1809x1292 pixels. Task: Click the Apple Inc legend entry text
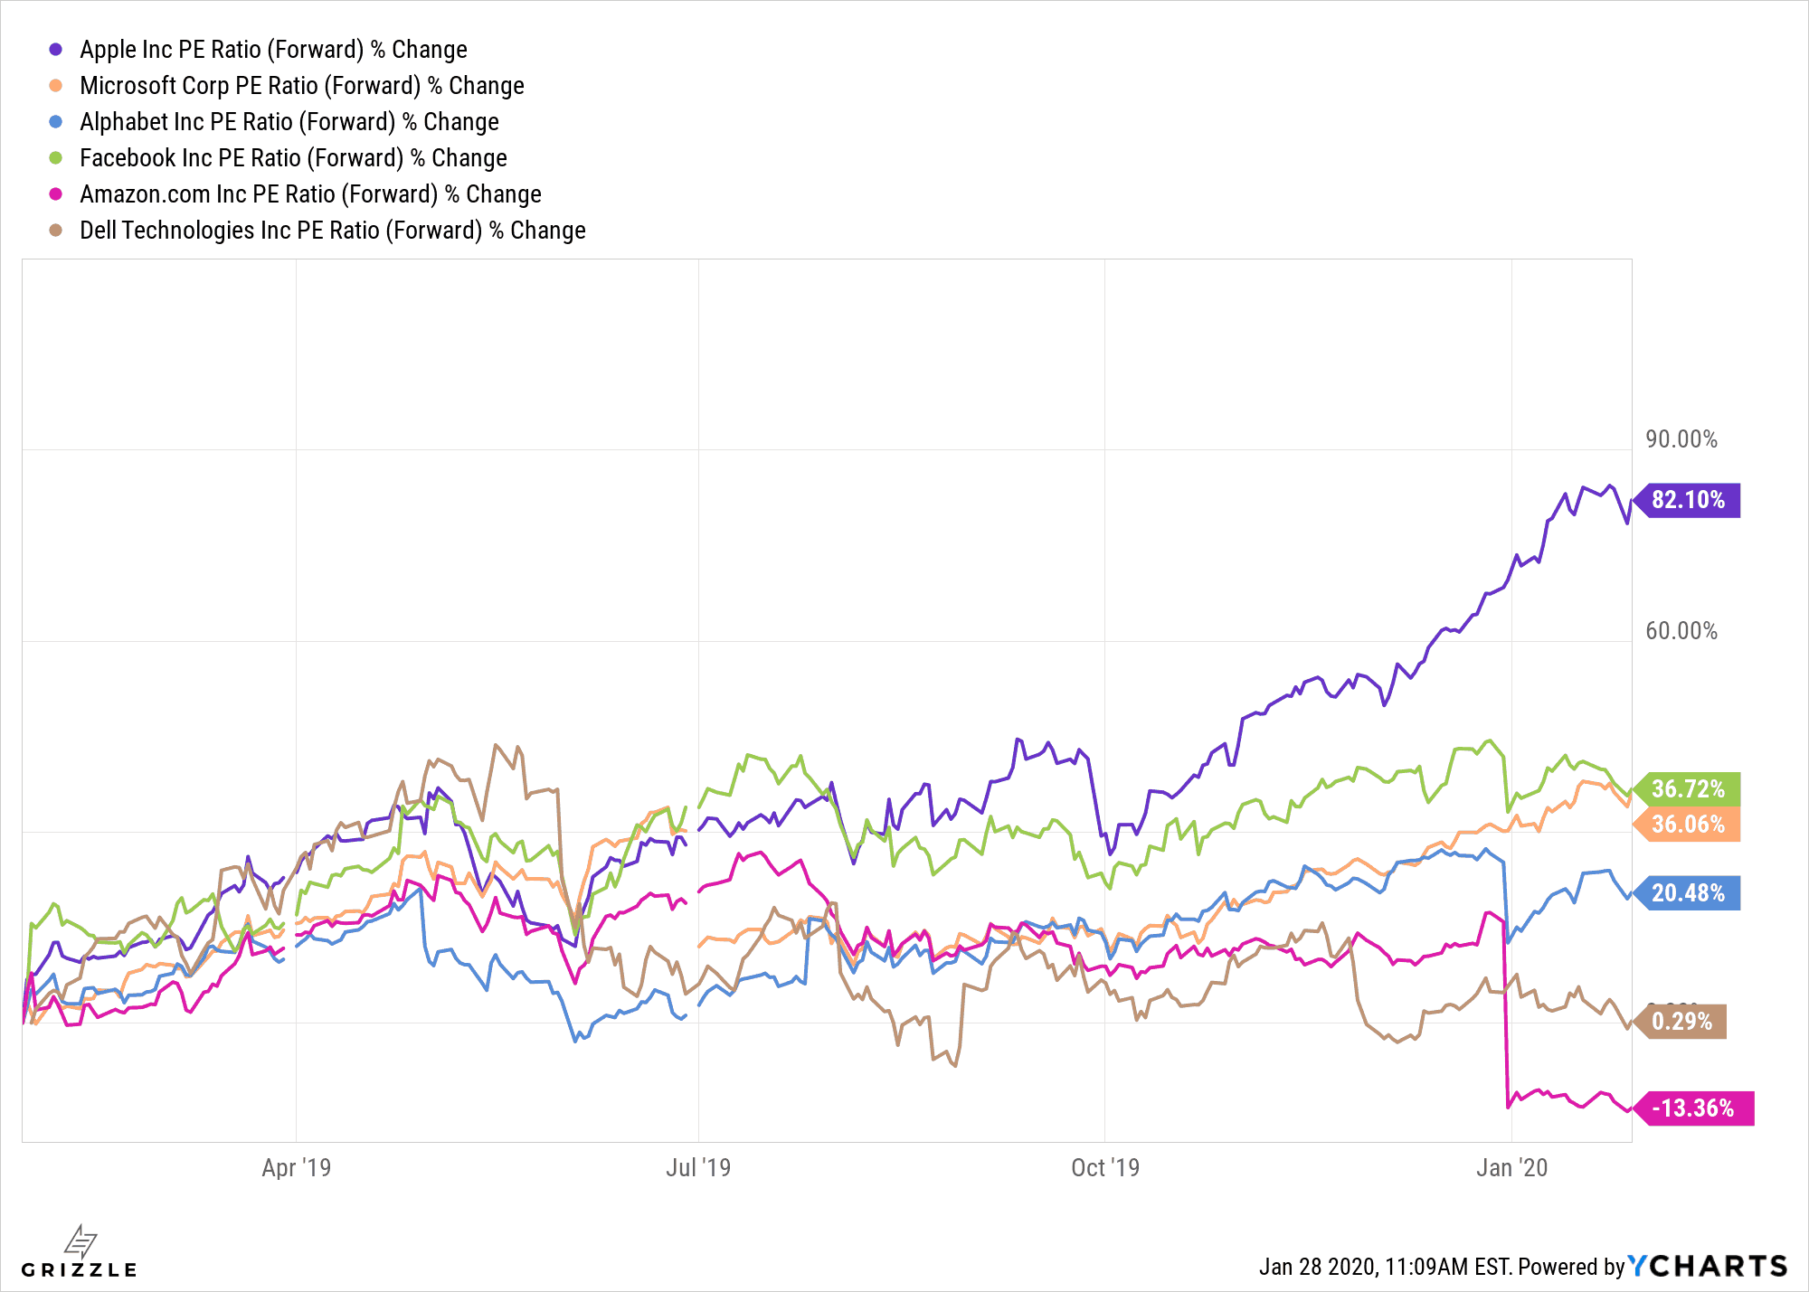[x=273, y=50]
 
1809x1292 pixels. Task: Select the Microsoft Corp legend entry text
[x=301, y=86]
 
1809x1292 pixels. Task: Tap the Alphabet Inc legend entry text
[x=289, y=122]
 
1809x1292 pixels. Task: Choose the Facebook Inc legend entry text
[x=293, y=158]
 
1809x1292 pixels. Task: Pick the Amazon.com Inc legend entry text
[x=310, y=194]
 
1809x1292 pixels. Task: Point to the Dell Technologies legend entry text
[x=332, y=231]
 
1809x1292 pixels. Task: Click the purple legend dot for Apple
[x=56, y=50]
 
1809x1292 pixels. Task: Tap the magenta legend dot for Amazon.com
[x=56, y=194]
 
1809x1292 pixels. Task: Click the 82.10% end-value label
[x=1688, y=500]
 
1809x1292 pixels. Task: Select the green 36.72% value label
[x=1688, y=789]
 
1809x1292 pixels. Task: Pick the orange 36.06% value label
[x=1688, y=825]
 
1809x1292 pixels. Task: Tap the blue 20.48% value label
[x=1688, y=893]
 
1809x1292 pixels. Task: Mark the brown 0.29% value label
[x=1681, y=1022]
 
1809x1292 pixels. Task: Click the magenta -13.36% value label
[x=1693, y=1108]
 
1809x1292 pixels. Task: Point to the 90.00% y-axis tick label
[x=1681, y=439]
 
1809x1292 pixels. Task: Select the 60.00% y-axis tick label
[x=1681, y=631]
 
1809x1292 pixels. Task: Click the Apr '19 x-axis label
[x=296, y=1168]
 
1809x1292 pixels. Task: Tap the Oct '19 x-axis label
[x=1104, y=1168]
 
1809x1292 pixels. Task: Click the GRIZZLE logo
[x=80, y=1253]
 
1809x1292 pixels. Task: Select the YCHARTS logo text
[x=1708, y=1266]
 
